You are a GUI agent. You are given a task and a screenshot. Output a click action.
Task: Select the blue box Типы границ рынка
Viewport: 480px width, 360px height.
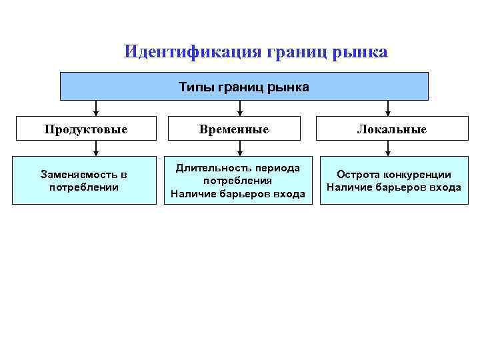244,87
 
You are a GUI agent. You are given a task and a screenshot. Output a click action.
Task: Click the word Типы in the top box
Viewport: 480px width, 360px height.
193,87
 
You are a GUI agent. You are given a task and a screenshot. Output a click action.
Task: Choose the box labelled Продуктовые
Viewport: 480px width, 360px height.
86,129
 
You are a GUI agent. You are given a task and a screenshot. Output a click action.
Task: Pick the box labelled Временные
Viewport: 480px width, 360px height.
238,129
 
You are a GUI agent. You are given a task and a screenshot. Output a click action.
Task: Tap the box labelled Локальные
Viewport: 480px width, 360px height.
392,129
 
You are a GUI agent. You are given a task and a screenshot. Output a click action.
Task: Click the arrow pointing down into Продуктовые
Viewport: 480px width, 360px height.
96,108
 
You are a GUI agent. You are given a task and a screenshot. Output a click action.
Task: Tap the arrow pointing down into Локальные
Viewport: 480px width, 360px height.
389,108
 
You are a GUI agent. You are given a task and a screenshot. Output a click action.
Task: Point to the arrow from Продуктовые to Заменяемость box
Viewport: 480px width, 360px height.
96,150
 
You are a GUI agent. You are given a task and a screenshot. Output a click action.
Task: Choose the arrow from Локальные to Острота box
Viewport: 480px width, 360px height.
389,150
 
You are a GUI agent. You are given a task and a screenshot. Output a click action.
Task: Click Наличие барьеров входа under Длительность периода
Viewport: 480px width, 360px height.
238,194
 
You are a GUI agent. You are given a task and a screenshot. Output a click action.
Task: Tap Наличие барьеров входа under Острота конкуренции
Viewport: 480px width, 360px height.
393,187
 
